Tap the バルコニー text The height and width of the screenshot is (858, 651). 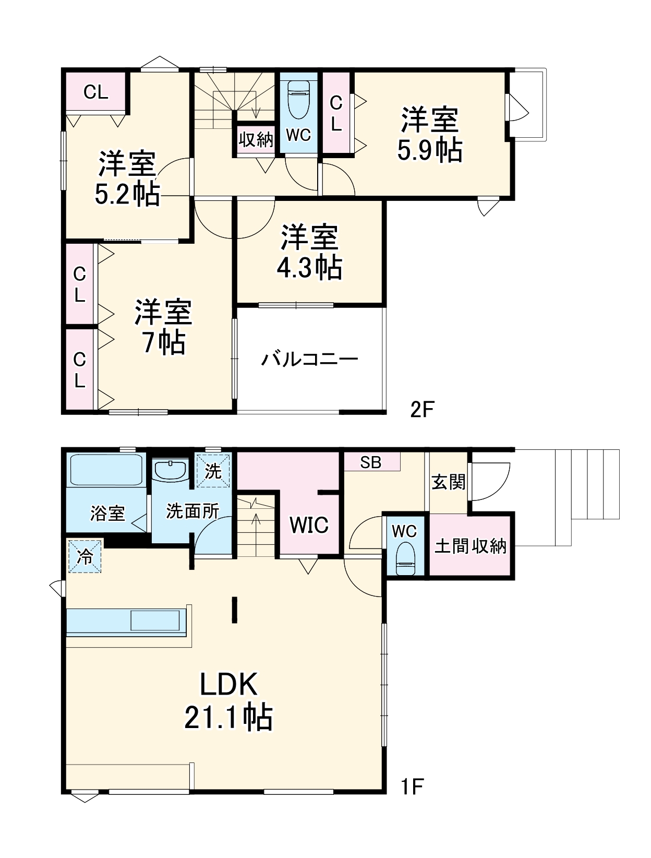click(x=310, y=360)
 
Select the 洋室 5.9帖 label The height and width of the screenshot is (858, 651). click(x=429, y=135)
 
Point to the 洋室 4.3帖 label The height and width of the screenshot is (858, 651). click(x=309, y=253)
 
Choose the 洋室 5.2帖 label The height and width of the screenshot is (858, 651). click(x=127, y=178)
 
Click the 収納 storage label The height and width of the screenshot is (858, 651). click(x=256, y=139)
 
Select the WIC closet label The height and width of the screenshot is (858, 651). click(x=309, y=525)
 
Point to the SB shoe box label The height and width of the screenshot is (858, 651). click(x=371, y=462)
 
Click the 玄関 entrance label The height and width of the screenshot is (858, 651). click(x=448, y=482)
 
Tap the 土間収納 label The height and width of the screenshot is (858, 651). click(x=471, y=546)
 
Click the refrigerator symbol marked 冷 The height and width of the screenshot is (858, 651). click(x=85, y=557)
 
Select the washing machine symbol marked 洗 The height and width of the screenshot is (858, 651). click(x=213, y=471)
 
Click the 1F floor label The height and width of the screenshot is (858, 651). click(x=411, y=786)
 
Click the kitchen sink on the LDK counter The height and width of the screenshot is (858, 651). click(x=157, y=621)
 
